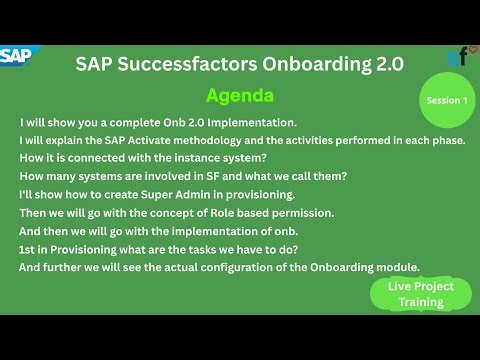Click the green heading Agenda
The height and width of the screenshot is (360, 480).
pyautogui.click(x=239, y=96)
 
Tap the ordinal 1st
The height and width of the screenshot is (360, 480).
pyautogui.click(x=29, y=248)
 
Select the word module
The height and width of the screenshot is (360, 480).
pyautogui.click(x=398, y=266)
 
